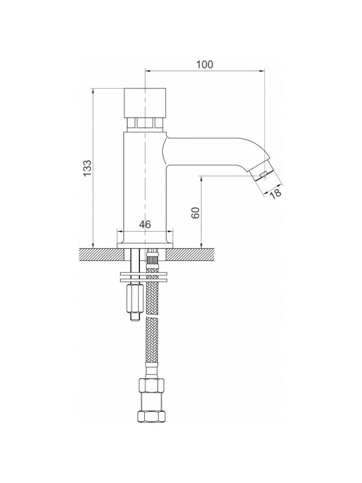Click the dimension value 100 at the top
click(x=205, y=65)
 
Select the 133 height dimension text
click(x=87, y=168)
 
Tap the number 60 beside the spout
click(x=195, y=213)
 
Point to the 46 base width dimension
click(x=145, y=224)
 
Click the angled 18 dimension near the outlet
click(x=276, y=193)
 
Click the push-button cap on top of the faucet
click(x=145, y=103)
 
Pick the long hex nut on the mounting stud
click(x=134, y=299)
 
